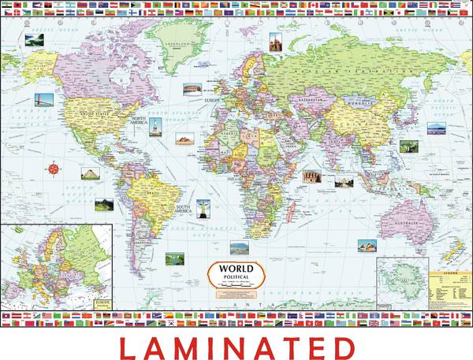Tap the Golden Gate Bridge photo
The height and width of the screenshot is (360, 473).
coord(44,100)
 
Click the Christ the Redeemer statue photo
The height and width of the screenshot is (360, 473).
coord(203,209)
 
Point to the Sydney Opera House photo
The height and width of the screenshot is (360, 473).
coord(367,245)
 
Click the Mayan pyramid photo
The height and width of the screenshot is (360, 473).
coord(90,173)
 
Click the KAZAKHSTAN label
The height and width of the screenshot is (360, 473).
coord(301,103)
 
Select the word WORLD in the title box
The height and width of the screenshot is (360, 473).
coord(236,268)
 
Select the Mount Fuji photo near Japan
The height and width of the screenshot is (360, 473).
coord(437,128)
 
